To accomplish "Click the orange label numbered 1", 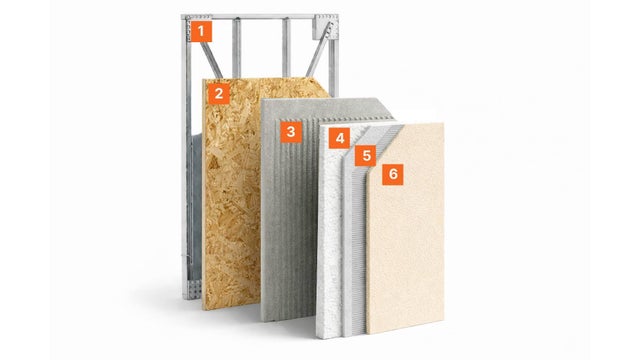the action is (201, 31).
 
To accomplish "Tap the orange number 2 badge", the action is (219, 94).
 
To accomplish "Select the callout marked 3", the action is (291, 132).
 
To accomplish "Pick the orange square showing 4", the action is (340, 138).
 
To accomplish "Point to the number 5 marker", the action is (366, 156).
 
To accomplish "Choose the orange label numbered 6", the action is (393, 174).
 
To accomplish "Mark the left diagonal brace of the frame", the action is (210, 58).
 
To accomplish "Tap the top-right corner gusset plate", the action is (325, 27).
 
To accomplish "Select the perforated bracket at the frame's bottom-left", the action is (193, 290).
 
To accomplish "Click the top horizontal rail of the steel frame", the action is (260, 17).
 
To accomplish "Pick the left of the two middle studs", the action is (236, 48).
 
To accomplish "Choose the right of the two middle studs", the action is (287, 48).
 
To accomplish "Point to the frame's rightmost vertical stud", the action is (334, 57).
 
